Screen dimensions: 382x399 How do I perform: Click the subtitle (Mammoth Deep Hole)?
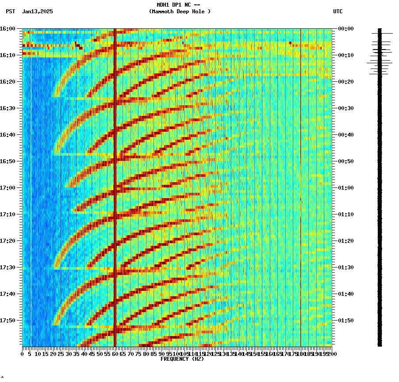(x=180, y=11)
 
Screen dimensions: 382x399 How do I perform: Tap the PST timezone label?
(x=11, y=11)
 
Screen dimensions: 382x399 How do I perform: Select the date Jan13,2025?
(x=37, y=11)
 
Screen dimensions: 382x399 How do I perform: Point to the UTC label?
(x=338, y=11)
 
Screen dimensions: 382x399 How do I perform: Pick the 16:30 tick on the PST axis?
(x=8, y=108)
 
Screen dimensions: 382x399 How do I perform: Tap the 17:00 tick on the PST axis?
(x=8, y=188)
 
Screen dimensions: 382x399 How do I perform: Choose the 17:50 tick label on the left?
(x=8, y=321)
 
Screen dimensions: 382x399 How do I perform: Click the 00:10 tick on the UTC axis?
(x=345, y=55)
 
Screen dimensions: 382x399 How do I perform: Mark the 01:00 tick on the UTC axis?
(x=345, y=188)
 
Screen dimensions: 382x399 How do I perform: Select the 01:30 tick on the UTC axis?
(x=345, y=267)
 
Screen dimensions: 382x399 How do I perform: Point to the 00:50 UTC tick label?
(x=345, y=161)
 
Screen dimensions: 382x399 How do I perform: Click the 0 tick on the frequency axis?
(x=23, y=354)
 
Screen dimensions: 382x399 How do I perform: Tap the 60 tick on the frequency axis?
(x=115, y=354)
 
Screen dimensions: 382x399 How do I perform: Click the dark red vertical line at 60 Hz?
(x=115, y=177)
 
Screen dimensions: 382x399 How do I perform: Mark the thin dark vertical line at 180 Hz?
(x=301, y=177)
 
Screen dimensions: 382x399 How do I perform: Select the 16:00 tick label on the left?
(x=8, y=29)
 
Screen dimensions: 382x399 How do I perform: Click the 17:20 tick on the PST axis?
(x=8, y=241)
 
